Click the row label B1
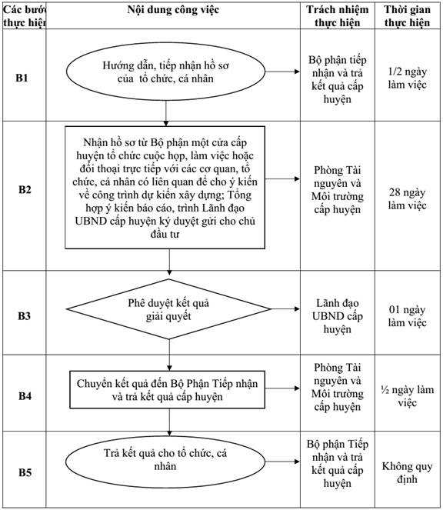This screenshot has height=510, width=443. pyautogui.click(x=22, y=78)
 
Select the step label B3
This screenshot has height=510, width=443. pyautogui.click(x=24, y=316)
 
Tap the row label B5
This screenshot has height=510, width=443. pyautogui.click(x=25, y=472)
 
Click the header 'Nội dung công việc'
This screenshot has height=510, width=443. pyautogui.click(x=173, y=10)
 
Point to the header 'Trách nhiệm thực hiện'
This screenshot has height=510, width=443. pyautogui.click(x=338, y=16)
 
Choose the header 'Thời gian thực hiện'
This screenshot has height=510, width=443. pyautogui.click(x=407, y=16)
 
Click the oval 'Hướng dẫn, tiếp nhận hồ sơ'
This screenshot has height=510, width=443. pyautogui.click(x=166, y=72)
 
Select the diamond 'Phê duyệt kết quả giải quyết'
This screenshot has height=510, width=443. pyautogui.click(x=168, y=309)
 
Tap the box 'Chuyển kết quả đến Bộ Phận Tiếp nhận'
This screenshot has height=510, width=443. pyautogui.click(x=167, y=390)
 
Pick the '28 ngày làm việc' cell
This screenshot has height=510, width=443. pyautogui.click(x=407, y=198)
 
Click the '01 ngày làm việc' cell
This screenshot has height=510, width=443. pyautogui.click(x=407, y=316)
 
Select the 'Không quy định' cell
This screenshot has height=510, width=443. pyautogui.click(x=407, y=472)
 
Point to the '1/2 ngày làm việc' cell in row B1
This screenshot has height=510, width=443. pyautogui.click(x=407, y=78)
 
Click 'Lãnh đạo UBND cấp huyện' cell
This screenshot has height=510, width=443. pyautogui.click(x=338, y=316)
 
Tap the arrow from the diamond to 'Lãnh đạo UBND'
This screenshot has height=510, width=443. pyautogui.click(x=285, y=308)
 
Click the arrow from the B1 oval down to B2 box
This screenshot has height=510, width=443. pyautogui.click(x=166, y=113)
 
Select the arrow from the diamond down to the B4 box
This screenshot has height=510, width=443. pyautogui.click(x=169, y=355)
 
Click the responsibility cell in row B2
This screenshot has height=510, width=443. pyautogui.click(x=338, y=190)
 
